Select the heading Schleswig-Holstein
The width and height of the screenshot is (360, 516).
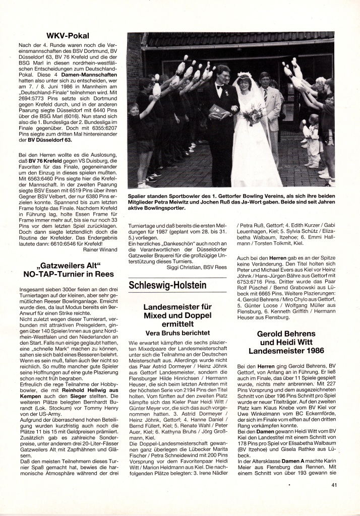click(x=167, y=285)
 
